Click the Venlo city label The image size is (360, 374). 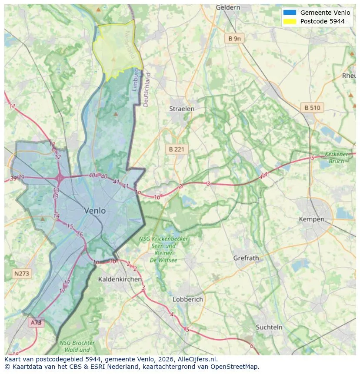(95, 211)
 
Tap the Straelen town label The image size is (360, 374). (182, 109)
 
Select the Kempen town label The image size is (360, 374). (311, 219)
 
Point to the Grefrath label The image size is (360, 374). (246, 258)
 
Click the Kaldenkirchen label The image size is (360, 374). (120, 279)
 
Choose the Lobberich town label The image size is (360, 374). (188, 300)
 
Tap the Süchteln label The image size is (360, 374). (269, 327)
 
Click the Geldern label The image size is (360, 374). (228, 7)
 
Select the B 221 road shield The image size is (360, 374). (177, 149)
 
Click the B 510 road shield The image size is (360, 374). (312, 108)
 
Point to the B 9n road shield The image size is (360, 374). (234, 39)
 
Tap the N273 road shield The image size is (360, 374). (22, 274)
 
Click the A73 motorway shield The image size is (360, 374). (36, 323)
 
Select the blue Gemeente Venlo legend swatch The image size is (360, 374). (289, 13)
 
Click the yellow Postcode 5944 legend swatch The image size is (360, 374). (289, 21)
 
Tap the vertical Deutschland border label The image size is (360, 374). (147, 89)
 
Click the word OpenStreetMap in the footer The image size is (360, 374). (234, 367)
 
